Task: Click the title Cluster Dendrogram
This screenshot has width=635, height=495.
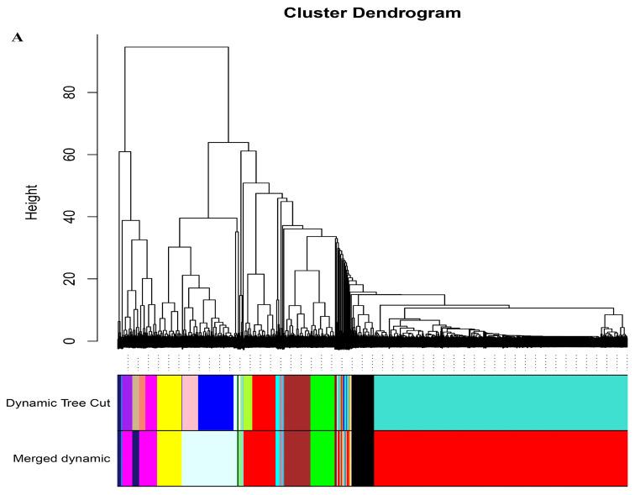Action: click(372, 13)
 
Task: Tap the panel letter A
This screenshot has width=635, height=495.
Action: click(17, 38)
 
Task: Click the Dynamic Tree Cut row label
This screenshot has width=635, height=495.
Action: click(58, 403)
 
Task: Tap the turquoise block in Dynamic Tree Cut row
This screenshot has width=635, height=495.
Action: click(500, 403)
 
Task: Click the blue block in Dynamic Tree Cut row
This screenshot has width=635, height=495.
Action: click(215, 403)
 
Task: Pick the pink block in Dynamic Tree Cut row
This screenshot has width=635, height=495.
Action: click(190, 403)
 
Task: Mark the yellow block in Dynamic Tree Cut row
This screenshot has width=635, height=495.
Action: click(169, 403)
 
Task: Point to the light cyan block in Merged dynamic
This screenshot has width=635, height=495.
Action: click(209, 458)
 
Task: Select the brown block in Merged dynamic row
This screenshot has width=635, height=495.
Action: click(297, 458)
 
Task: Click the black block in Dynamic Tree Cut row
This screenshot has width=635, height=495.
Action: click(363, 403)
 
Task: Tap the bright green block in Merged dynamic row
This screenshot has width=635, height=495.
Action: click(323, 458)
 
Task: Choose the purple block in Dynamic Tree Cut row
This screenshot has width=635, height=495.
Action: click(126, 403)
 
